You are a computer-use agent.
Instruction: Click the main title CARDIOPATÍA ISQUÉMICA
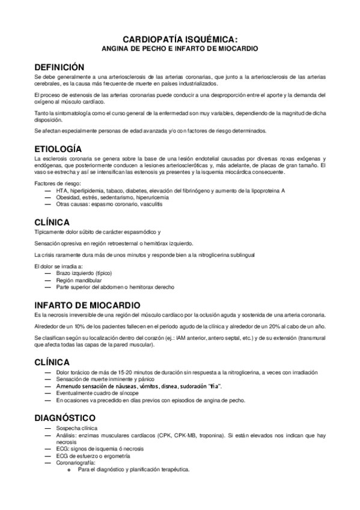[180, 38]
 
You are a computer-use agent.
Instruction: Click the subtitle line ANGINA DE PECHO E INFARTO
[180, 48]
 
